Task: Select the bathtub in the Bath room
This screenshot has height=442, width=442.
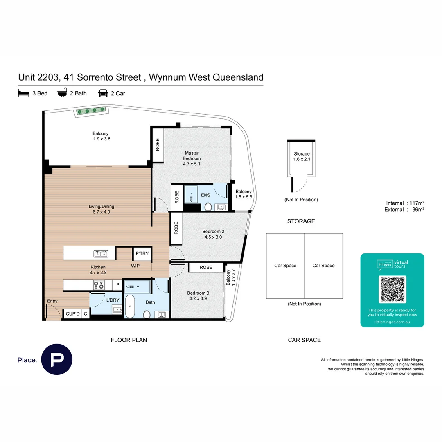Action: pos(130,307)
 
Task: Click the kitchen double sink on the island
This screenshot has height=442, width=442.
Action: pos(100,254)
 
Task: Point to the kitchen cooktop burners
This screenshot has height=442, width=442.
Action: pos(99,284)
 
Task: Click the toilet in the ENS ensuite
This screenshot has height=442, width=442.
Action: pos(207,207)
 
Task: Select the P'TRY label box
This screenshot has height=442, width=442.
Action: pos(142,254)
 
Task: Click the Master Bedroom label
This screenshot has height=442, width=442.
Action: pos(192,156)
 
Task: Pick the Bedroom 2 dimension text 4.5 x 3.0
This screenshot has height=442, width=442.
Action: pos(214,237)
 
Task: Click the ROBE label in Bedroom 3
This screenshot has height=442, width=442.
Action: pos(206,267)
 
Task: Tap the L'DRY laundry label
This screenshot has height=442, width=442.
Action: pos(113,300)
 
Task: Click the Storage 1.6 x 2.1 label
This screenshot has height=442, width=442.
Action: pos(302,156)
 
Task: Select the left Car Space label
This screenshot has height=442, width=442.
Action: pos(285,266)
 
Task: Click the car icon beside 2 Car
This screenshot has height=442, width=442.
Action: pos(103,93)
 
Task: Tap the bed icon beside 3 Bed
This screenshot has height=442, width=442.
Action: pos(24,93)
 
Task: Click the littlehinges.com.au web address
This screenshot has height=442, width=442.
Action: pos(392,322)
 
